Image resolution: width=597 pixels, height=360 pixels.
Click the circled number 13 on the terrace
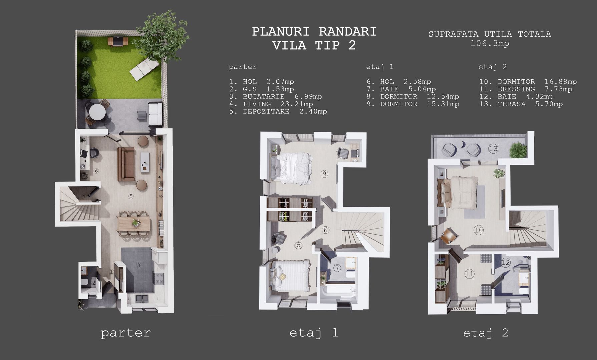tap(493, 149)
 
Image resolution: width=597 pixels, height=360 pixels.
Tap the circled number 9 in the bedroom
tap(324, 174)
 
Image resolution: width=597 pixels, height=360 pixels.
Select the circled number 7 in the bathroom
tap(337, 268)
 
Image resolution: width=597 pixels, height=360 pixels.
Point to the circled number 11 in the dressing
tap(469, 274)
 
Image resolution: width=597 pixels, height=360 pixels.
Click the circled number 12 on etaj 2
tap(506, 263)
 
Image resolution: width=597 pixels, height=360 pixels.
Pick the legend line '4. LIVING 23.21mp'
tap(271, 104)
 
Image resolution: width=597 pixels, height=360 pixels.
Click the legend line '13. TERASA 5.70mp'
tap(521, 104)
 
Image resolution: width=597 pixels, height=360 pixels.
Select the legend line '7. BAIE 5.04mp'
tap(401, 89)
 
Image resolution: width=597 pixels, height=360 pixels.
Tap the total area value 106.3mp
tap(490, 43)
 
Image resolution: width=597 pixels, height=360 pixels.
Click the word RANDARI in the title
tap(348, 32)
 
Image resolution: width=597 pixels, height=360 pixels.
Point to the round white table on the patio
tap(97, 112)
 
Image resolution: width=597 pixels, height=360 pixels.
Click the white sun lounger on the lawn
tap(144, 69)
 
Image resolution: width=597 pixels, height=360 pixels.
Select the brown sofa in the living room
tap(126, 164)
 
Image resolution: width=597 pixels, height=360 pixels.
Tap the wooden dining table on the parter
tap(134, 224)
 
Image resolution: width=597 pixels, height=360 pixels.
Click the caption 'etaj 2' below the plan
tap(485, 333)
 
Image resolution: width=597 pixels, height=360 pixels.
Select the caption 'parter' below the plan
tap(126, 333)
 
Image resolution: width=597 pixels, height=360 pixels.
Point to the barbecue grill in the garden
tap(118, 41)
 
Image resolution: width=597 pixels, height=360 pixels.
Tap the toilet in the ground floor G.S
tap(85, 283)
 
